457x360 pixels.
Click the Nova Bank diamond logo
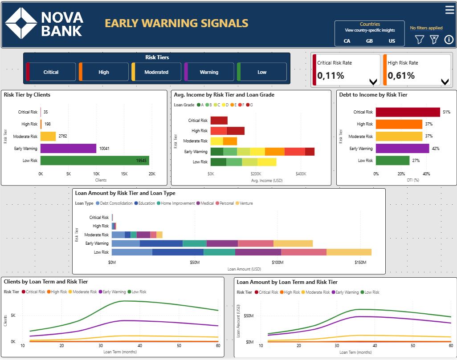click(21, 23)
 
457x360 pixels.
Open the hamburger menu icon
click(449, 10)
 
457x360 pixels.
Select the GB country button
click(369, 41)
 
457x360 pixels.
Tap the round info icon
click(449, 40)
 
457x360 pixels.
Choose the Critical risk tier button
click(51, 72)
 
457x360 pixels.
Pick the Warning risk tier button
click(209, 72)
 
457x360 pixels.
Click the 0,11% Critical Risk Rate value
click(331, 76)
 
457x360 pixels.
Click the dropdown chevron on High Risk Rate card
click(445, 82)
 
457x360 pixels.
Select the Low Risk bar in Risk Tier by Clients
click(94, 160)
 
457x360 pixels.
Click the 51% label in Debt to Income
click(446, 112)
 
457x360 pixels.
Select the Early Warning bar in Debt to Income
click(402, 148)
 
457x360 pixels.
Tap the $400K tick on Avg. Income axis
click(301, 174)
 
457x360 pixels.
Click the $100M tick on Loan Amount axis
click(277, 263)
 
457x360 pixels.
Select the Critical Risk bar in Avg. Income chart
click(219, 121)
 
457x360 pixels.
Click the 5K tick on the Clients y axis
click(12, 316)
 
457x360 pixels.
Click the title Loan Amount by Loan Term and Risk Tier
click(287, 282)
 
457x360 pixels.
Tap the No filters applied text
click(426, 28)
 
